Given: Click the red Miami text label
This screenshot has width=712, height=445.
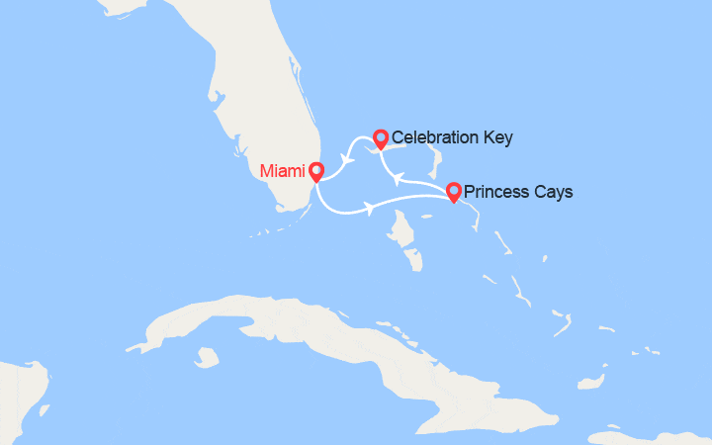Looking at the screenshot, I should point(282,172).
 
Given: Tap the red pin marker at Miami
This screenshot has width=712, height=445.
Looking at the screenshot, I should point(315,171).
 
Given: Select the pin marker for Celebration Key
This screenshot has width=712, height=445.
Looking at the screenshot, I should point(380,137).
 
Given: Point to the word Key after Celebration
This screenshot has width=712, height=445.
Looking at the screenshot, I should point(496,137).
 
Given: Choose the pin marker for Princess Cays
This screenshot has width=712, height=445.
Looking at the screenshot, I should point(453,191).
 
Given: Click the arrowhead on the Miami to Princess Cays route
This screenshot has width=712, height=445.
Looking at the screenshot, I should point(370,209).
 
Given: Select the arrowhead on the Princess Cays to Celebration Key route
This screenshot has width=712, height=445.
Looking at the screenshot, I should point(397,178).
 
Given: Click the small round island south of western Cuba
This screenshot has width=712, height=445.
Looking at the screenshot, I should point(207,355).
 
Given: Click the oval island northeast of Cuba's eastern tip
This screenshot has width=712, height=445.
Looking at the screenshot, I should point(591,380).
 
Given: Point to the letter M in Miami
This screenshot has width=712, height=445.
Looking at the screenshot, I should point(266,172).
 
